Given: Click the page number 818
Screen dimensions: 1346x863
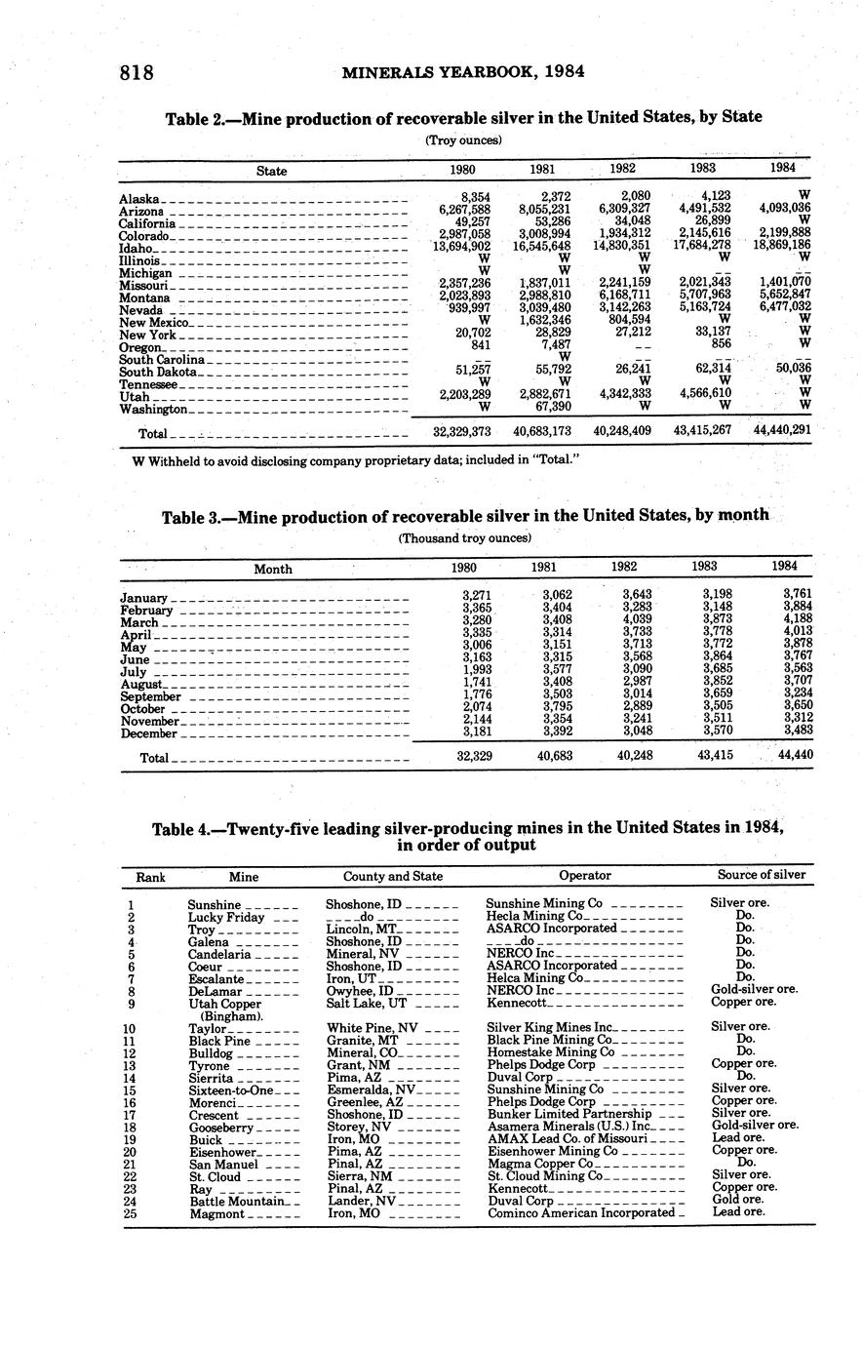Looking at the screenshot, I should coord(137,72).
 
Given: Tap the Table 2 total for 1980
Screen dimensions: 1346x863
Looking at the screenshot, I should coord(461,430).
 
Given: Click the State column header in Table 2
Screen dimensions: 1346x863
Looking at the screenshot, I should coord(271,171).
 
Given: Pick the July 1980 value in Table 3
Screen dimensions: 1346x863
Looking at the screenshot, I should coord(476,672).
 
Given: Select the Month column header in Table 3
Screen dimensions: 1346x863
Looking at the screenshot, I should coord(273,569).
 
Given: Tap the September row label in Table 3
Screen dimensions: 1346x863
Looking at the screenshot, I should coord(150,697).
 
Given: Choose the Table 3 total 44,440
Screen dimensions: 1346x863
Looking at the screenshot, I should coord(795,755).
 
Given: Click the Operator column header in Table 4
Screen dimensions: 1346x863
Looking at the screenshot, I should coord(585,876).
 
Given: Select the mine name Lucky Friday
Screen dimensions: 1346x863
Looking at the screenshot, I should coord(226,917).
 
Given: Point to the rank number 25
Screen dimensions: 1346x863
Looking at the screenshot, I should coord(130,1214).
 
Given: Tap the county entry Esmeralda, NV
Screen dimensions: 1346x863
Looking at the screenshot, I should coord(372,1089).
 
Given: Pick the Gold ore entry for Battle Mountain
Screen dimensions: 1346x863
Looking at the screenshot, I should coord(737,1201).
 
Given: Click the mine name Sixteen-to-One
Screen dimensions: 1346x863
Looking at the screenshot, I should coord(231,1089).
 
